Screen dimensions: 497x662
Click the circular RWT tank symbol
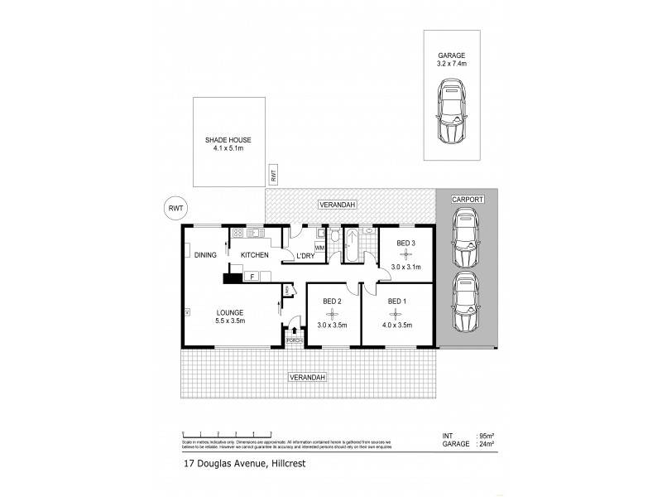[x=175, y=209]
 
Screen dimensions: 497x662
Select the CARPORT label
[x=468, y=200]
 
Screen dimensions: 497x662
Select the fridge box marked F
[x=254, y=277]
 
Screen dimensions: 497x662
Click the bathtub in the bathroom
[x=350, y=246]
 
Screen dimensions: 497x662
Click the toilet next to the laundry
[x=333, y=239]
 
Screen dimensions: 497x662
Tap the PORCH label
[x=292, y=340]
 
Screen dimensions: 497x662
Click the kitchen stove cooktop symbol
[x=238, y=233]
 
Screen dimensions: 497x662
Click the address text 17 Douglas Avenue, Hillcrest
[x=244, y=465]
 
